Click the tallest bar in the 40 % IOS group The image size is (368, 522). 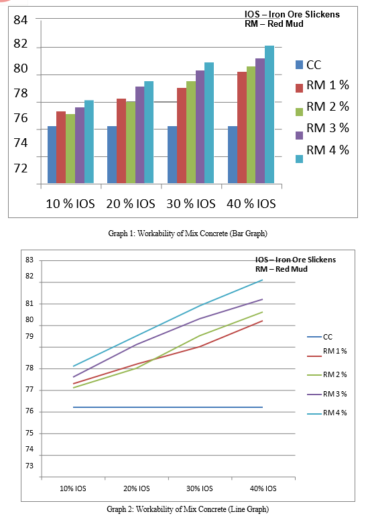(x=269, y=114)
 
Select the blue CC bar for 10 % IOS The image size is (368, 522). (x=52, y=154)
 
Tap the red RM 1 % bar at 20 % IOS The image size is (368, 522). (x=121, y=141)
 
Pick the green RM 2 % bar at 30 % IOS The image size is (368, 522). (x=190, y=132)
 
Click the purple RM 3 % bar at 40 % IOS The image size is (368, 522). (x=260, y=121)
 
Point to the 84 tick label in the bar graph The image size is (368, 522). (x=20, y=20)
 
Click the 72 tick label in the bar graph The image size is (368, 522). (x=20, y=168)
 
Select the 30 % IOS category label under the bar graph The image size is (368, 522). (x=191, y=204)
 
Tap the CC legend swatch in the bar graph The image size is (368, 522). (x=299, y=64)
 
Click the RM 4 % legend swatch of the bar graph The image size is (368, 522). (x=299, y=159)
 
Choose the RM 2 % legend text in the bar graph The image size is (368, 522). (x=328, y=107)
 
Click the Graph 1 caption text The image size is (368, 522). (x=188, y=233)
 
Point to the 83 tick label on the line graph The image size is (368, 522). (x=29, y=260)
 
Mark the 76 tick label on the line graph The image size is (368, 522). (x=29, y=411)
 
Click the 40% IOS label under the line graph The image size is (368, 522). (x=263, y=488)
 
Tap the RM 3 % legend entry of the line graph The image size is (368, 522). (x=327, y=394)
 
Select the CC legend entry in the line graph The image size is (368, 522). (x=320, y=337)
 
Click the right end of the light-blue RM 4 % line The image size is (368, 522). (x=263, y=280)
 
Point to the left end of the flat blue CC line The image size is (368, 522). (x=73, y=407)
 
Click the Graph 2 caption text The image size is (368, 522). (x=188, y=509)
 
